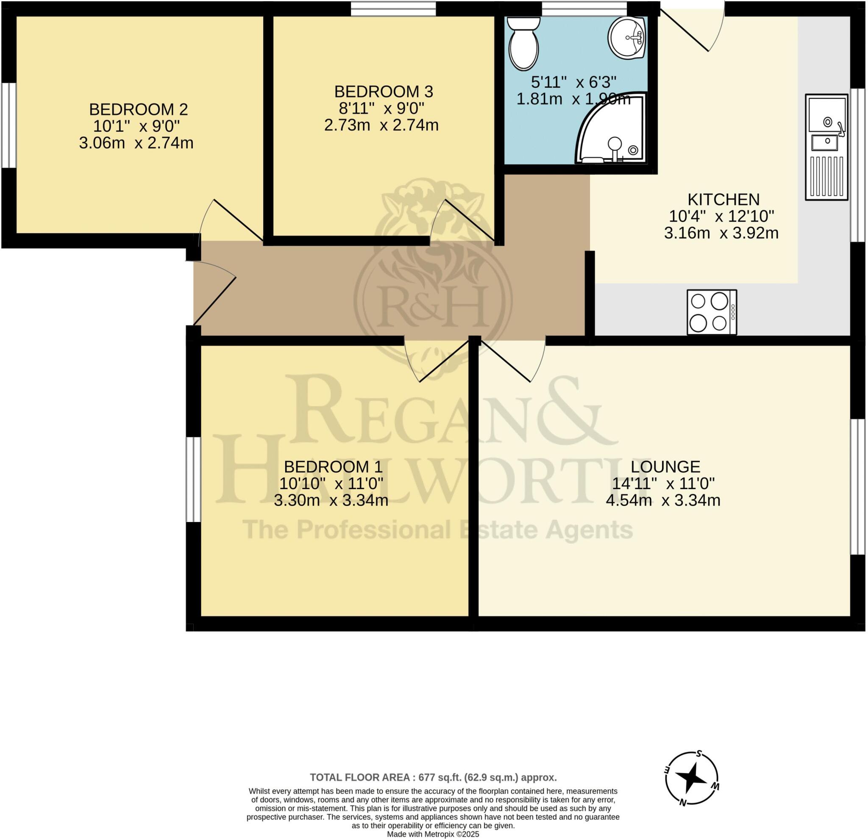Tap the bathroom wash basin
tap(628, 38)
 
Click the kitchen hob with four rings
tap(712, 313)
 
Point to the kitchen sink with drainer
tap(826, 147)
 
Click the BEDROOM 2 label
tap(138, 109)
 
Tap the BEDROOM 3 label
tap(384, 92)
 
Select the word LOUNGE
tap(665, 467)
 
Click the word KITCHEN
tap(723, 199)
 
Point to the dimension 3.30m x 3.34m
tap(331, 501)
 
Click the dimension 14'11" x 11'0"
tap(663, 483)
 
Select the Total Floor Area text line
tap(433, 778)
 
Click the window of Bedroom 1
tap(193, 480)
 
